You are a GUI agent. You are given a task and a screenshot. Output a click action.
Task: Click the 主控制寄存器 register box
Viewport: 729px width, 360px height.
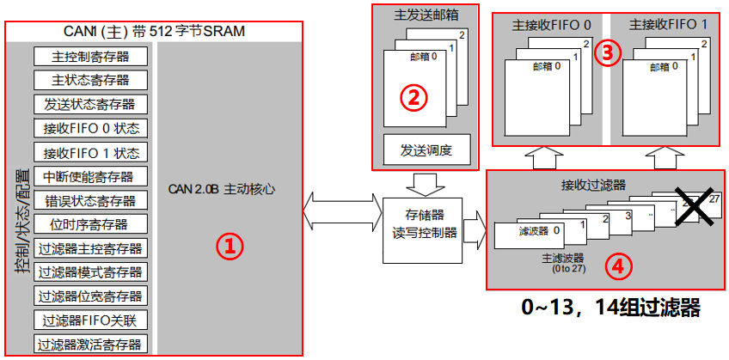[x=90, y=58]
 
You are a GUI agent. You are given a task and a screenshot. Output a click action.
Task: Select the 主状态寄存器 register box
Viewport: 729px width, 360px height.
[x=90, y=81]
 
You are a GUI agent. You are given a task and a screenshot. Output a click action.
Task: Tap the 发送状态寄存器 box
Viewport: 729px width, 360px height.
[x=90, y=105]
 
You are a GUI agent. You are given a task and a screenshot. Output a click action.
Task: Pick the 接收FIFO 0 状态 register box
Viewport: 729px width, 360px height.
[x=90, y=129]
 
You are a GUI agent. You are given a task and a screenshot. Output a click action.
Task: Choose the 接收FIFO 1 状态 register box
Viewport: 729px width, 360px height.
[x=90, y=153]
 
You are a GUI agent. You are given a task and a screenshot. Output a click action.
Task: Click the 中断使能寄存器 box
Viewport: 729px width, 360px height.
[x=90, y=177]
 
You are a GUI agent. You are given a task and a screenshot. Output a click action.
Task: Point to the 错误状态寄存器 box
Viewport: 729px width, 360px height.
[x=90, y=201]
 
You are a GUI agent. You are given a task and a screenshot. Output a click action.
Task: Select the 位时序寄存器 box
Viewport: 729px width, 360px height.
[x=90, y=225]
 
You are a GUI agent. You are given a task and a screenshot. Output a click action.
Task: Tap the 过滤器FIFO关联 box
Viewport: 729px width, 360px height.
[x=90, y=320]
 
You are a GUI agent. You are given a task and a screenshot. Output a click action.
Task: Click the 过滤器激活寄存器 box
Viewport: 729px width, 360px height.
[x=90, y=345]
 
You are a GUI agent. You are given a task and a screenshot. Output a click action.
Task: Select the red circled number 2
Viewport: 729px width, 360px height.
[x=414, y=97]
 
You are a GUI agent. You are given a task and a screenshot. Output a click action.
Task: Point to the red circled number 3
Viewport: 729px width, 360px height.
[x=608, y=52]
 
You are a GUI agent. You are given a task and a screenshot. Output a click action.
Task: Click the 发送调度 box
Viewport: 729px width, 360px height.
[x=424, y=149]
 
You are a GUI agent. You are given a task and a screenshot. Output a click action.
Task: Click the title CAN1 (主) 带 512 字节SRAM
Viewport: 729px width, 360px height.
[x=155, y=33]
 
